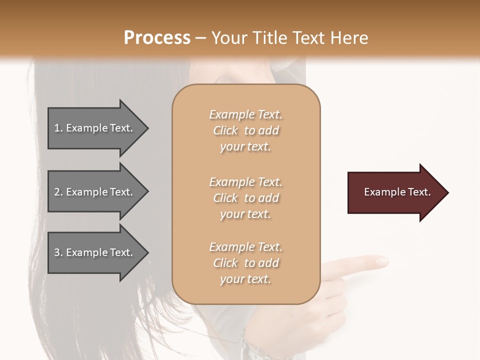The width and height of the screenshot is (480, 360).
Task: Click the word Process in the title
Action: pyautogui.click(x=157, y=38)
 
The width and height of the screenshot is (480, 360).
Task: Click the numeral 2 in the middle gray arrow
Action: pyautogui.click(x=57, y=192)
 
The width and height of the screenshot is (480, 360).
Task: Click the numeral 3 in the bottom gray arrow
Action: pyautogui.click(x=57, y=252)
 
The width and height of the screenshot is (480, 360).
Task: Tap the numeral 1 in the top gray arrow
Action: pyautogui.click(x=57, y=128)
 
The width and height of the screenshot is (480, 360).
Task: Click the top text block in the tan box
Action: pyautogui.click(x=245, y=130)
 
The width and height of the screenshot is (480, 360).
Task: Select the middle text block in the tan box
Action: pyautogui.click(x=245, y=198)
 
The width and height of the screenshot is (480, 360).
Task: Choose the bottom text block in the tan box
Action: pyautogui.click(x=245, y=263)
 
